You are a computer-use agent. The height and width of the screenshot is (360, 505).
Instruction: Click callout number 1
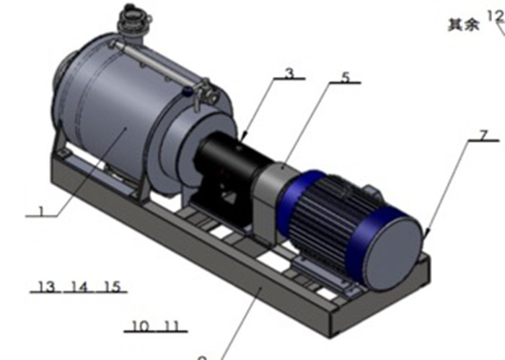tap(41, 212)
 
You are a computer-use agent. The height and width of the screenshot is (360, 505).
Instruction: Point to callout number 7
tap(483, 135)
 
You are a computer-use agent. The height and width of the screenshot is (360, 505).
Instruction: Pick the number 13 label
tap(45, 287)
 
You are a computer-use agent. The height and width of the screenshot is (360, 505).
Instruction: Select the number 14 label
tap(79, 287)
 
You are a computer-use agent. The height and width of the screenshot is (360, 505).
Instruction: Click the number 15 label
tap(111, 287)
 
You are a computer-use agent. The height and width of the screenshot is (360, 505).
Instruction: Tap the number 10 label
tap(140, 325)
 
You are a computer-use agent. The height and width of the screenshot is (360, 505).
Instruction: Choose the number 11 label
tap(171, 325)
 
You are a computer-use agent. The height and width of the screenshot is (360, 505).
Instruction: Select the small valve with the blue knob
tap(188, 91)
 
